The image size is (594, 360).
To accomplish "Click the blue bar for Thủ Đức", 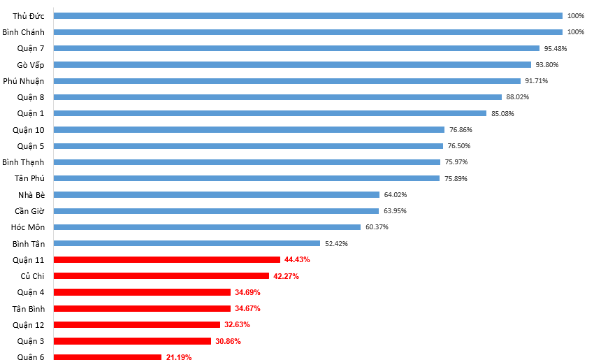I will [307, 15].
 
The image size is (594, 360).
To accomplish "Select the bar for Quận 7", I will [296, 48].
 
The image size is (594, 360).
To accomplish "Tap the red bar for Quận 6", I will [107, 357].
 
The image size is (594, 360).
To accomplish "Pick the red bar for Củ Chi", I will [161, 276].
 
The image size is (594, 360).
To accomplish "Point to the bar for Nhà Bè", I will [216, 194].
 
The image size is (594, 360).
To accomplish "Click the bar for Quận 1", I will [270, 113].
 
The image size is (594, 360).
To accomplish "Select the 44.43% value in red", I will [297, 259].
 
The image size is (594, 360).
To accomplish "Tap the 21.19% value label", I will [179, 357].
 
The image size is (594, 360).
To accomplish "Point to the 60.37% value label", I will [377, 227].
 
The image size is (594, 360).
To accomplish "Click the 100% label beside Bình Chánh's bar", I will [575, 32].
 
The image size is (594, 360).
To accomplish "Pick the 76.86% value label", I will [461, 129].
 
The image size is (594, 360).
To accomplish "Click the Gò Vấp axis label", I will [31, 64].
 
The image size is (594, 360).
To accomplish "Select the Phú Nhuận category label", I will [24, 81].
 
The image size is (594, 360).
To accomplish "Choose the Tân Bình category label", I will [29, 308].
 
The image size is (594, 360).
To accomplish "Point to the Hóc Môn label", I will [28, 227].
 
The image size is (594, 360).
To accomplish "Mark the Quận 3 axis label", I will [31, 341].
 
